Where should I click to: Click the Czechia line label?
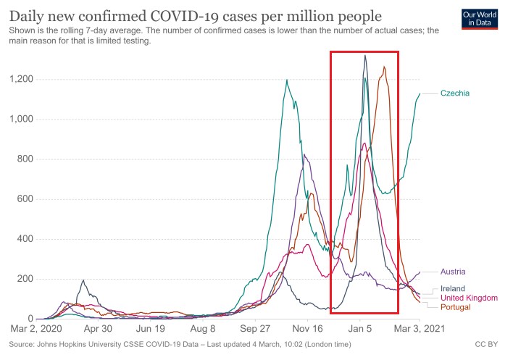pos(455,93)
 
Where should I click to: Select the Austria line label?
pos(453,272)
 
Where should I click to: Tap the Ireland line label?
pos(454,288)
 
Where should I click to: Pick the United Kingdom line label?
pos(469,298)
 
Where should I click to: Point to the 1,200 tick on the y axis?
pos(21,79)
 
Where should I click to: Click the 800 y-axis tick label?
pos(25,159)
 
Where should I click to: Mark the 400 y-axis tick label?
pos(25,239)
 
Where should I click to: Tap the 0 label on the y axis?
pos(30,319)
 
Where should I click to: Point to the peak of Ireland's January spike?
pos(365,56)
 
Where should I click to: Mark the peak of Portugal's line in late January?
pos(384,67)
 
